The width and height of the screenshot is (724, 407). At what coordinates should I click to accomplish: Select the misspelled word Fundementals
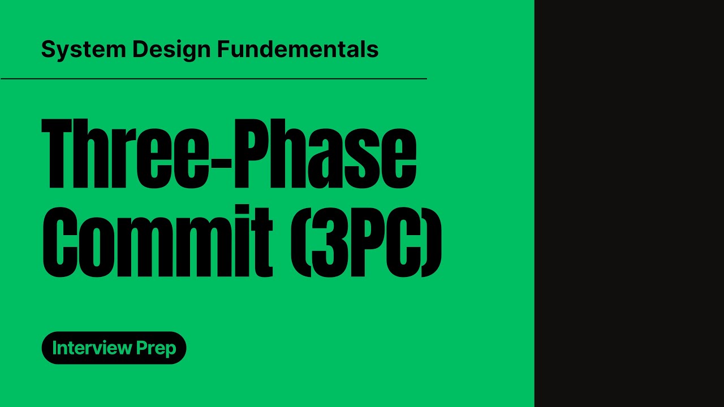pos(298,50)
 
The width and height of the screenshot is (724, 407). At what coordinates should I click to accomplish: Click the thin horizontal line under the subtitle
pos(214,79)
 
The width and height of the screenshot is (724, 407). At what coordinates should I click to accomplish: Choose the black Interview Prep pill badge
pos(114,348)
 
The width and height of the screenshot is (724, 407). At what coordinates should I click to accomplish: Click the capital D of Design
pos(139,50)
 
